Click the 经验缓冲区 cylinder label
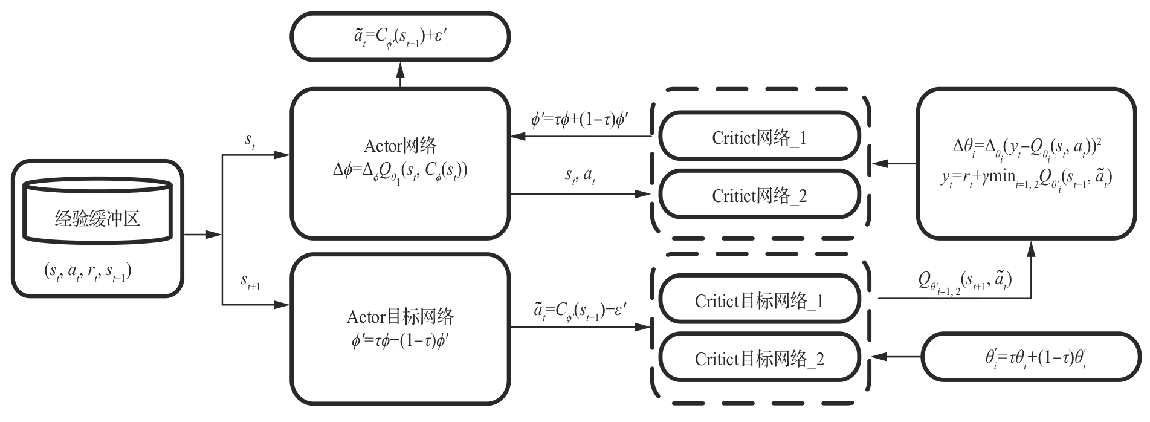click(97, 218)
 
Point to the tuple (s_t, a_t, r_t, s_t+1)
click(88, 273)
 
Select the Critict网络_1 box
click(759, 138)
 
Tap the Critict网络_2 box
click(759, 196)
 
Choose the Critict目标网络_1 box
click(759, 301)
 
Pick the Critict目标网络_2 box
click(759, 359)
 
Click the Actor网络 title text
click(400, 146)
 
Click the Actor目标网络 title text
click(400, 317)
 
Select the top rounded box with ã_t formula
click(400, 37)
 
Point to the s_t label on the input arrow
click(250, 141)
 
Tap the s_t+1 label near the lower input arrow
click(250, 281)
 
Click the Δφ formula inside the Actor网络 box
click(400, 171)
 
